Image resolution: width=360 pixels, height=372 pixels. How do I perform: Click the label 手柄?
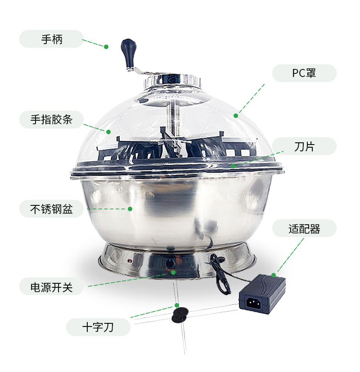51,39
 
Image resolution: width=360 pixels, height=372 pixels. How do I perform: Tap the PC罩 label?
304,73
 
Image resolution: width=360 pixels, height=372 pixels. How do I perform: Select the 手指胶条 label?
51,119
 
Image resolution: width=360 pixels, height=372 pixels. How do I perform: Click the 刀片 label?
304,146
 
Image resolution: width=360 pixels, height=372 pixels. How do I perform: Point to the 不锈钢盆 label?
51,209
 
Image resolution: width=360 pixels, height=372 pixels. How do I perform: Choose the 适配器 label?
304,228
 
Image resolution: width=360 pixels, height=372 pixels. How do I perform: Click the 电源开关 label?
51,287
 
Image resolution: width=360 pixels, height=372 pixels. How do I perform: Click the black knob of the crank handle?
127,47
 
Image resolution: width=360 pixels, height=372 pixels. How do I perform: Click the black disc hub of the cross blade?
179,314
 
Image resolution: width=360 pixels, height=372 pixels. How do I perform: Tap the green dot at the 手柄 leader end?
107,46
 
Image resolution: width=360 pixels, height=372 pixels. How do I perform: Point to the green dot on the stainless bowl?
130,209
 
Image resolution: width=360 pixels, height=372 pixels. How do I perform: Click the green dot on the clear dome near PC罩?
236,115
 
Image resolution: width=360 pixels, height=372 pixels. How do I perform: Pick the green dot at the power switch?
173,272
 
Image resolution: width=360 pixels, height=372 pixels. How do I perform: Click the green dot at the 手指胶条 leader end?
108,132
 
